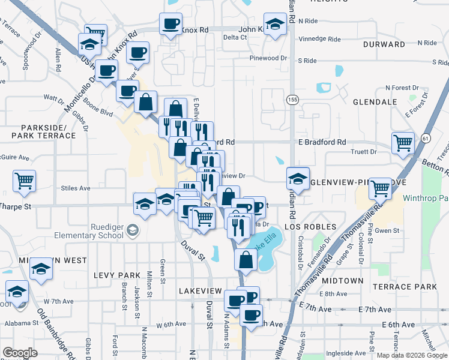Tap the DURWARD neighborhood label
[x=384, y=44]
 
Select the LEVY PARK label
[x=116, y=274]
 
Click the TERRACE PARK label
[x=412, y=287]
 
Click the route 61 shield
[x=426, y=138]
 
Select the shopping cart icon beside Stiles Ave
[x=24, y=180]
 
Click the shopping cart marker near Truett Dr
[x=403, y=143]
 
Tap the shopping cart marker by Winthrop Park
[x=380, y=188]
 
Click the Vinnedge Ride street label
[x=319, y=40]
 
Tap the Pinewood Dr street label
[x=267, y=58]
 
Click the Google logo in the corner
[x=20, y=352]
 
